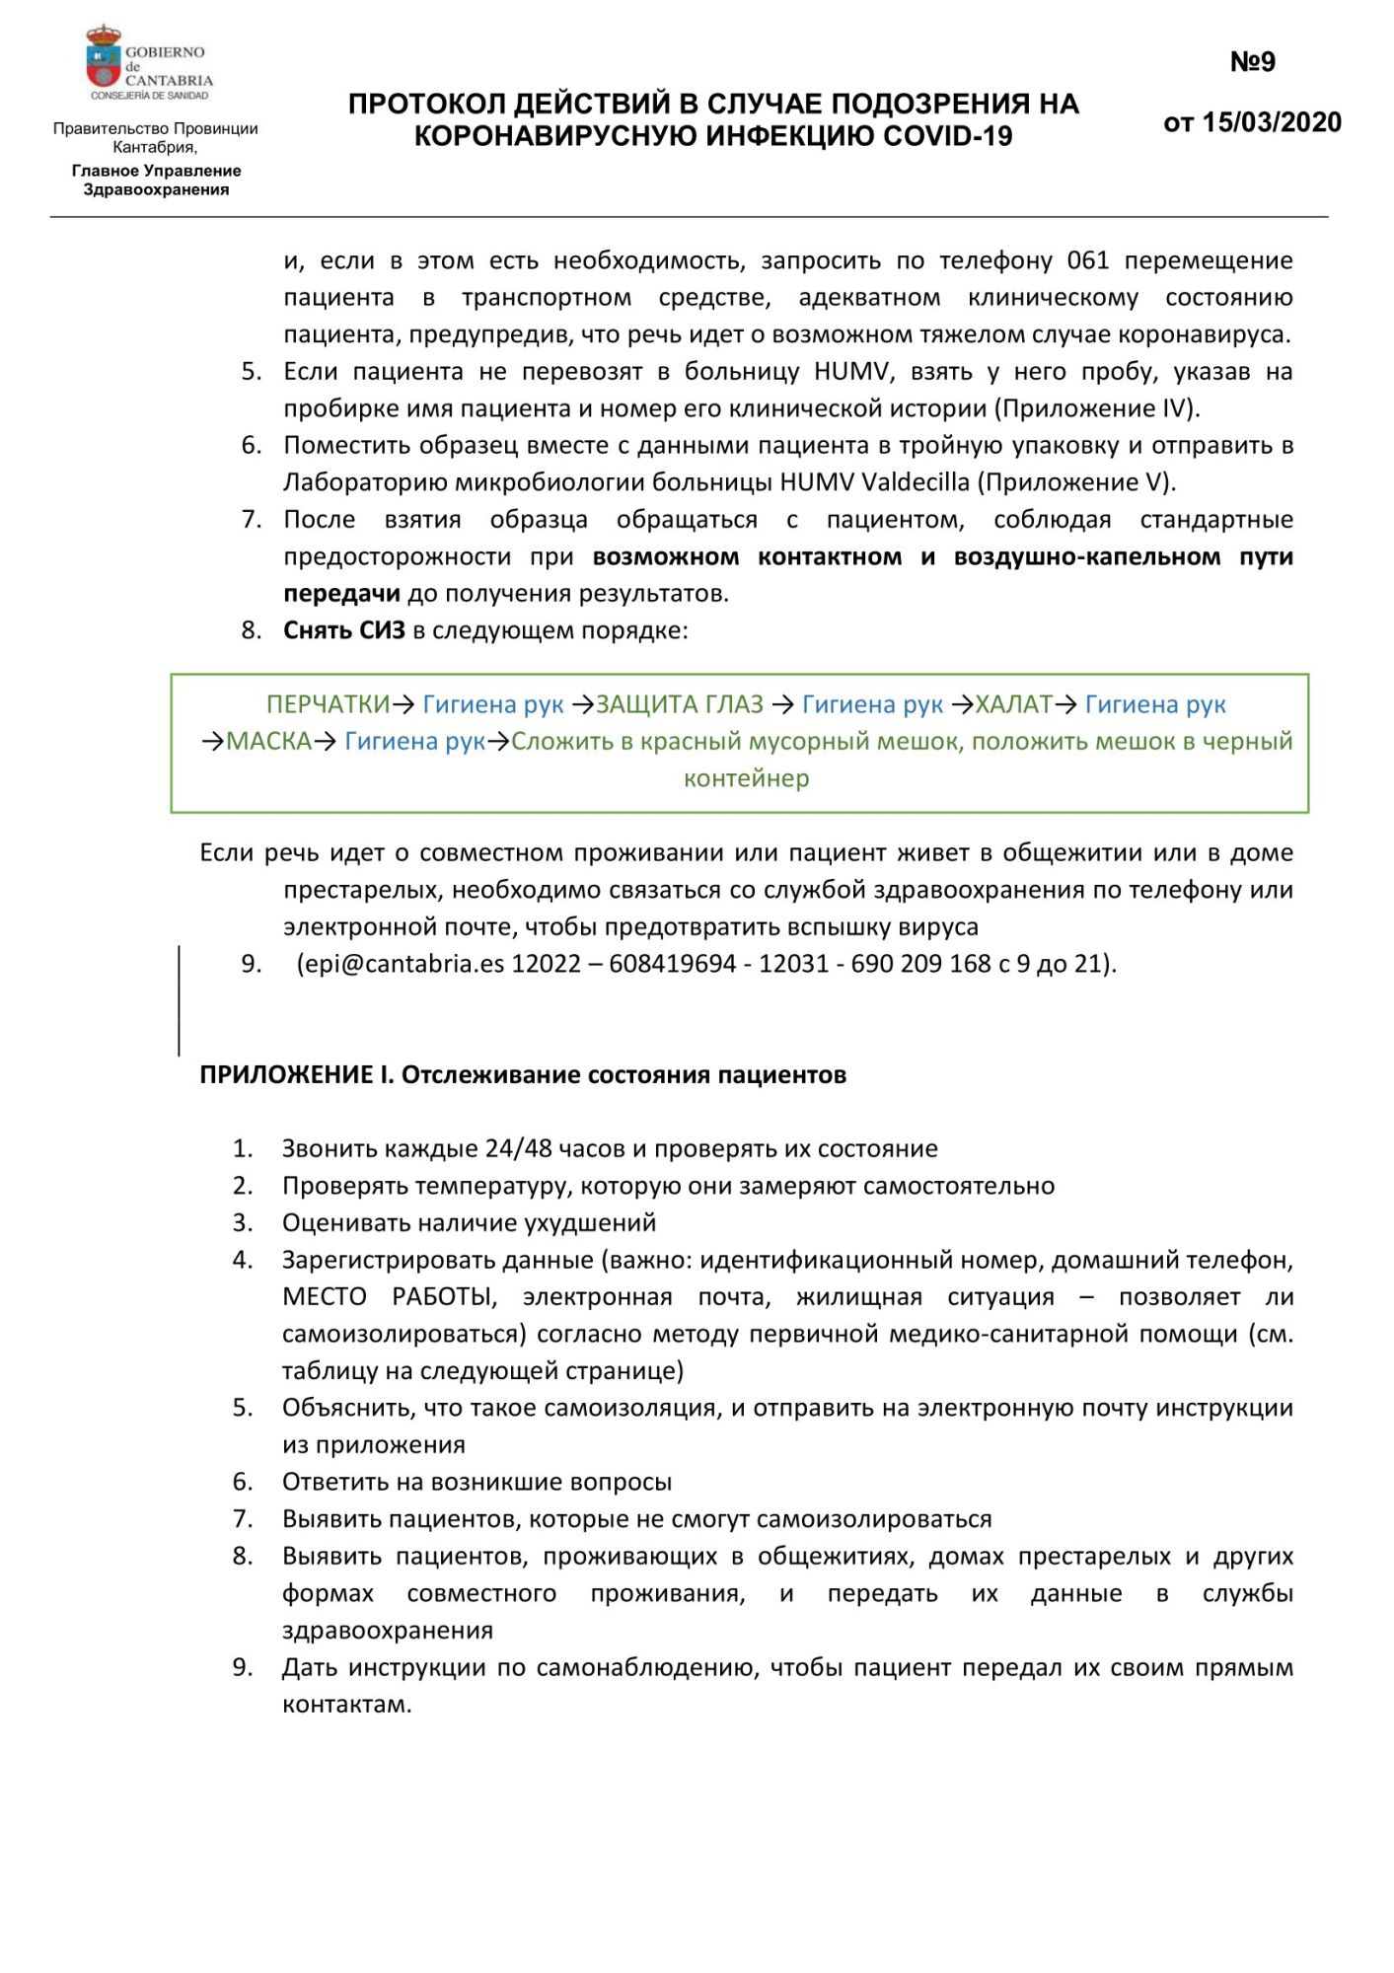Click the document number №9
(x=1252, y=62)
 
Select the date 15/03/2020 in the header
(x=1272, y=122)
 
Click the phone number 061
(x=1088, y=260)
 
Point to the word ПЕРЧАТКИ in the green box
(x=328, y=704)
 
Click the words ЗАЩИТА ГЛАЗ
(x=680, y=704)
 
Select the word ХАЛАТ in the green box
(x=1013, y=704)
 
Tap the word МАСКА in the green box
(x=269, y=741)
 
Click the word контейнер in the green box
(x=747, y=778)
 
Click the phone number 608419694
(x=672, y=964)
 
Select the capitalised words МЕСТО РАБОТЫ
(x=389, y=1297)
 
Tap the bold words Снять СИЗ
(x=344, y=630)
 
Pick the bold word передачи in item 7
(x=341, y=594)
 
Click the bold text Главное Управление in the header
(x=156, y=171)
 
